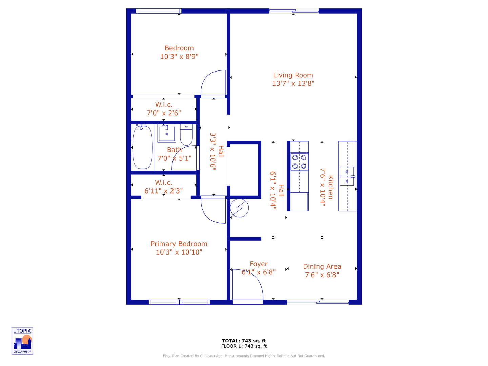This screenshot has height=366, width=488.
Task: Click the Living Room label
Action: tap(293, 75)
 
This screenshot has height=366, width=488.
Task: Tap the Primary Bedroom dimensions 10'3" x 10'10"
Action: tap(179, 252)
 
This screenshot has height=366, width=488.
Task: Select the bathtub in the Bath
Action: tap(142, 147)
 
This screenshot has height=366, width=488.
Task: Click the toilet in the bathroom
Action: tap(186, 135)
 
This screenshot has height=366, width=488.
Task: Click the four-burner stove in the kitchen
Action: tap(300, 162)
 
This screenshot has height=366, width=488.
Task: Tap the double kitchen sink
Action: tap(347, 176)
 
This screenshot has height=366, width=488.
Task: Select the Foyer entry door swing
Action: tap(247, 285)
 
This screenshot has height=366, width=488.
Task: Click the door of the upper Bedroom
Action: tap(213, 83)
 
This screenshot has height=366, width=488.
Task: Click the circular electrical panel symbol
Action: tap(239, 208)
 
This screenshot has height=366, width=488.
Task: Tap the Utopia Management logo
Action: tap(22, 341)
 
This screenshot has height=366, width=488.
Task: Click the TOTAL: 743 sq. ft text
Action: tap(244, 341)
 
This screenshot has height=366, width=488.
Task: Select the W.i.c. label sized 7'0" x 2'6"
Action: tap(164, 109)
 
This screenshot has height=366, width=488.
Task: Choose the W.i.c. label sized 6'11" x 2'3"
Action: tap(164, 187)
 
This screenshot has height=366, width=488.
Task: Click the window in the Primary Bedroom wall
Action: tap(179, 302)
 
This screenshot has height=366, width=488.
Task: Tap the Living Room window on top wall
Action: tap(294, 11)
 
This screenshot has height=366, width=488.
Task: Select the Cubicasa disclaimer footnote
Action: tap(244, 356)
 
